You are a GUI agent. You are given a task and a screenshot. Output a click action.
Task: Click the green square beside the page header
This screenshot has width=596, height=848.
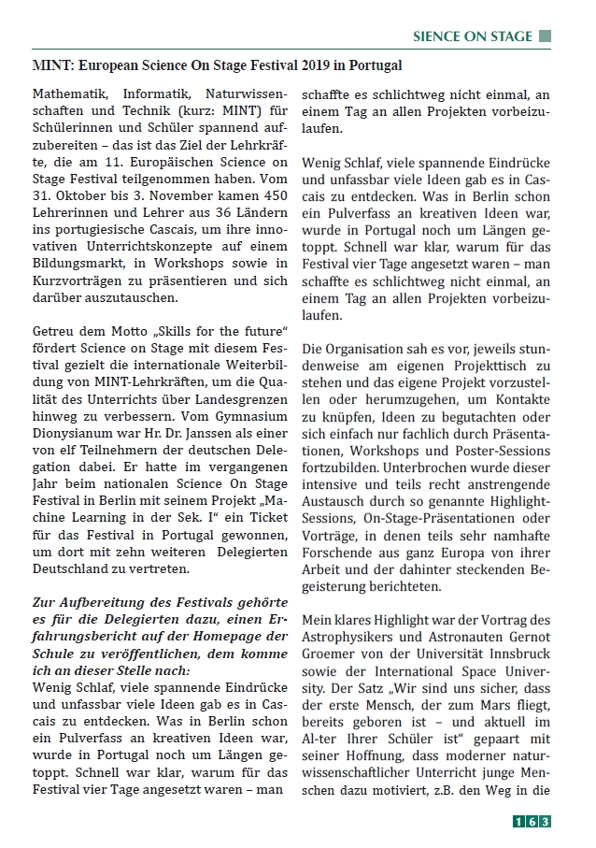(546, 36)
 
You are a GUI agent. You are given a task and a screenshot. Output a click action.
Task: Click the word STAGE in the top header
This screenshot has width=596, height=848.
(508, 36)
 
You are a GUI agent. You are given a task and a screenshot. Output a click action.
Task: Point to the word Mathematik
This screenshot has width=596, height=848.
(68, 94)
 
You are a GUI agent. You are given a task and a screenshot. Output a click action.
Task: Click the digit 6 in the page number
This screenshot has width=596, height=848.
(531, 822)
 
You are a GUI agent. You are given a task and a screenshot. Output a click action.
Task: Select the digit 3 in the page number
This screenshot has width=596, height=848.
(545, 822)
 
